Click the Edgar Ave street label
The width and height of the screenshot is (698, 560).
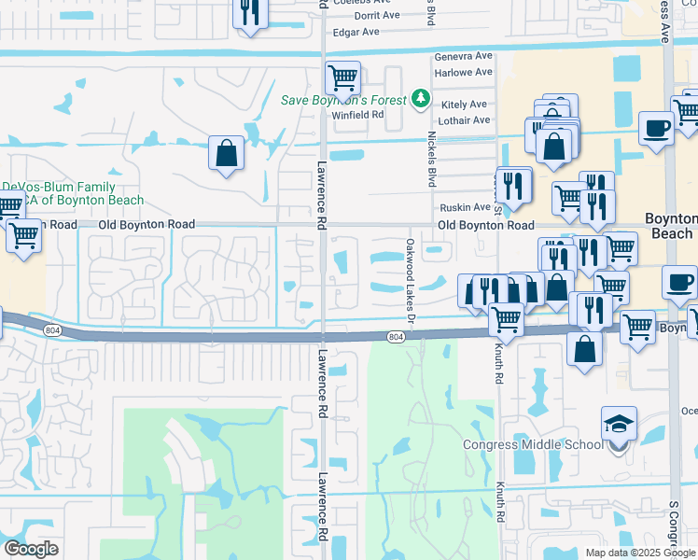(x=356, y=32)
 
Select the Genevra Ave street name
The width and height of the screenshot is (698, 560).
(x=463, y=56)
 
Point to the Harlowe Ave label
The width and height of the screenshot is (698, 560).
(x=463, y=72)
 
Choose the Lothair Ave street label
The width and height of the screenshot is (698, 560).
(x=463, y=120)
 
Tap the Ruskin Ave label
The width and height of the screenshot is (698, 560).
(x=463, y=207)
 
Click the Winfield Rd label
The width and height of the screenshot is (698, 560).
(x=358, y=115)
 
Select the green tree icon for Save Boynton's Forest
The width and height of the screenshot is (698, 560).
(x=421, y=98)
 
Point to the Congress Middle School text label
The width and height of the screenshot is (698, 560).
(x=533, y=444)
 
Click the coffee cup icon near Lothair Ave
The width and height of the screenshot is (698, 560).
(x=657, y=127)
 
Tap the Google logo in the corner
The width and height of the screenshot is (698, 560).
(x=32, y=548)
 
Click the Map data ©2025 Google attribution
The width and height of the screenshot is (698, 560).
(x=639, y=553)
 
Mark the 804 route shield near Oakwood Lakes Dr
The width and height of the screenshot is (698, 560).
(x=396, y=336)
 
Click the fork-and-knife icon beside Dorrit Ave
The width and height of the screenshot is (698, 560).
(x=249, y=11)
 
